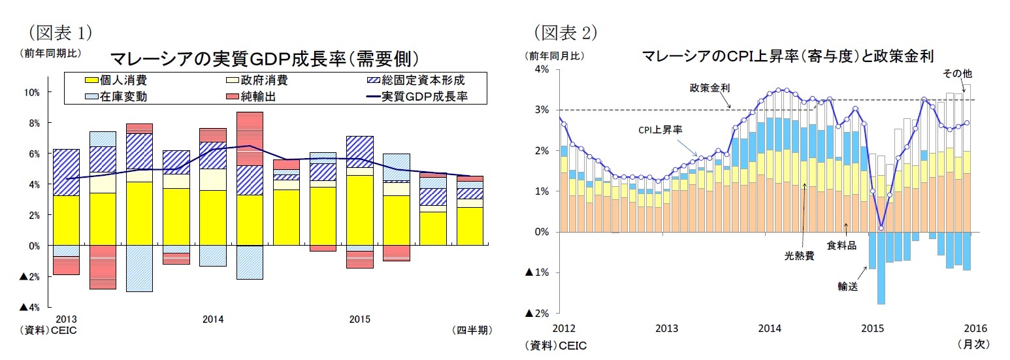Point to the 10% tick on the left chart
pos(31,92)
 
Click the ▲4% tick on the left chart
pos(29,307)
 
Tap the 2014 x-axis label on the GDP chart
pos(213,319)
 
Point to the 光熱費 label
pos(799,256)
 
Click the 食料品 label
pos(842,245)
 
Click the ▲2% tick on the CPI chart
pos(538,314)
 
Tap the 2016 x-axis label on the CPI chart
pos(975,328)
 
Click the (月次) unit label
pos(973,343)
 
